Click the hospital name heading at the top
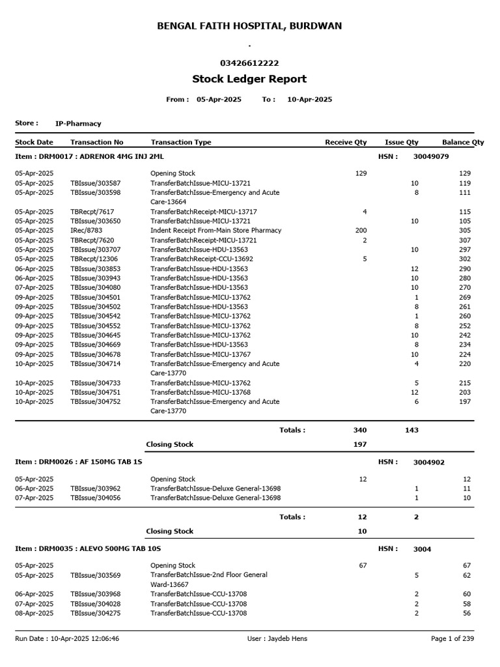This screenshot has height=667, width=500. tap(249, 26)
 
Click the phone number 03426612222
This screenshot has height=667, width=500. tap(249, 63)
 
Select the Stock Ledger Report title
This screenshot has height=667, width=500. tap(249, 79)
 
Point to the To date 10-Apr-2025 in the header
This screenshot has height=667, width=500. tap(309, 100)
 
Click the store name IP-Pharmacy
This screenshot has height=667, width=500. tap(78, 123)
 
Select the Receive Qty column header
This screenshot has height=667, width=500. tap(346, 142)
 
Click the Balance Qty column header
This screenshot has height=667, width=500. tap(463, 142)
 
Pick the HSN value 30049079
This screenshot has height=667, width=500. tap(431, 157)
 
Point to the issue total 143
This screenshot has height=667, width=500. tap(411, 430)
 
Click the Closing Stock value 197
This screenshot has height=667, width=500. tap(360, 444)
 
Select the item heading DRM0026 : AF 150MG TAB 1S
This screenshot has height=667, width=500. tap(79, 462)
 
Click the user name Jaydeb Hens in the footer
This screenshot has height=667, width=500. tap(277, 639)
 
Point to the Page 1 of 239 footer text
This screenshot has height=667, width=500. tap(452, 639)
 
